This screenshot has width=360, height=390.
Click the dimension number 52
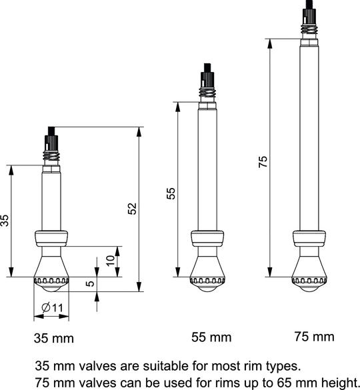(x=133, y=209)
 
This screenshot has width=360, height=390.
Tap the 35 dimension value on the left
(x=5, y=220)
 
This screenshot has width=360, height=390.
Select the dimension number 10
(x=111, y=261)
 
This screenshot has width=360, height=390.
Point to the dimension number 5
(x=91, y=283)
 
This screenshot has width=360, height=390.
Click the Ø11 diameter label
(x=52, y=308)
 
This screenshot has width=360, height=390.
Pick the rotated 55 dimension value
(x=171, y=193)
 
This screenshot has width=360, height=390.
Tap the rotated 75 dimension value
(x=263, y=162)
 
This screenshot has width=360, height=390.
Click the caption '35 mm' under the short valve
(x=54, y=338)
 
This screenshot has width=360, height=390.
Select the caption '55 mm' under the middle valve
(x=211, y=337)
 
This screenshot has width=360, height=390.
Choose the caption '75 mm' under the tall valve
(x=315, y=337)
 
